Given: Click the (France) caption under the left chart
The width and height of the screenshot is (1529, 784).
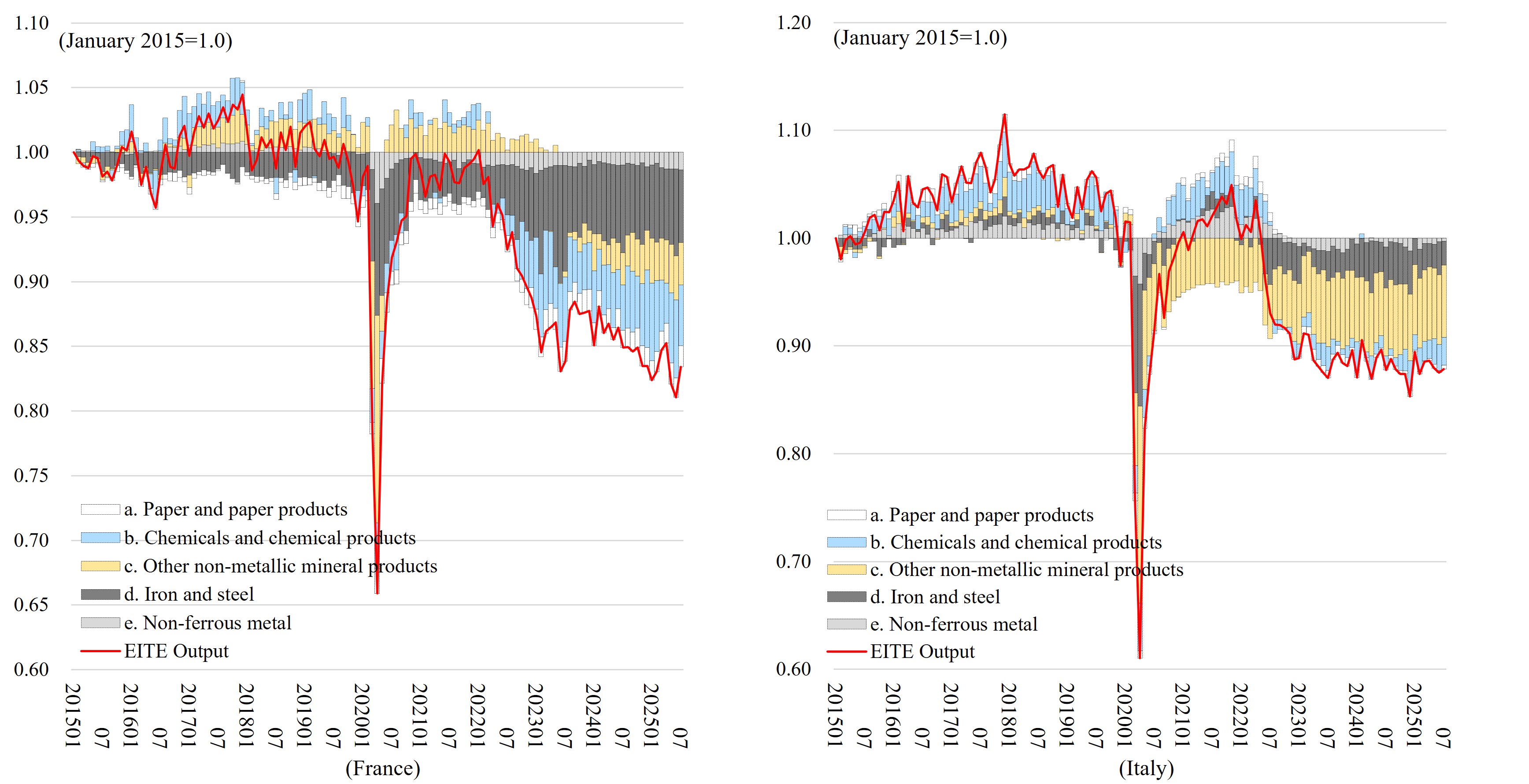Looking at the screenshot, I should tap(382, 768).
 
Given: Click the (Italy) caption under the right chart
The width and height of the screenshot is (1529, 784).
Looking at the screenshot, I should tap(1146, 768).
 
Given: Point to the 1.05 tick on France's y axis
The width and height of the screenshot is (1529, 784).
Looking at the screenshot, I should tap(31, 87).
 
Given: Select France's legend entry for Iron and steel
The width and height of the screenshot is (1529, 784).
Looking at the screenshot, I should tap(189, 595).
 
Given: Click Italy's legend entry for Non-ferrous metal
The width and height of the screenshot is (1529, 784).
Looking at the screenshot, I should tap(953, 624).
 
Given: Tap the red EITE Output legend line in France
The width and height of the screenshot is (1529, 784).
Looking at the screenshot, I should tap(100, 651).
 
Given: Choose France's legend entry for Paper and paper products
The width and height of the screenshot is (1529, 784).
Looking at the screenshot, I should tap(235, 509).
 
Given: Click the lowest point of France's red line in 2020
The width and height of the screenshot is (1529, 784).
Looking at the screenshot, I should tap(377, 593).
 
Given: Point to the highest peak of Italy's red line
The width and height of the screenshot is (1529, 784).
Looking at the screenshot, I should tap(1004, 115).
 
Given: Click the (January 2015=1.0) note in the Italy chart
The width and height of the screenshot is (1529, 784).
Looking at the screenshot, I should tap(920, 38).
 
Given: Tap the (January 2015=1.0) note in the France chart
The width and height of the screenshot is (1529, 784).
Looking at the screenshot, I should tap(145, 41).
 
